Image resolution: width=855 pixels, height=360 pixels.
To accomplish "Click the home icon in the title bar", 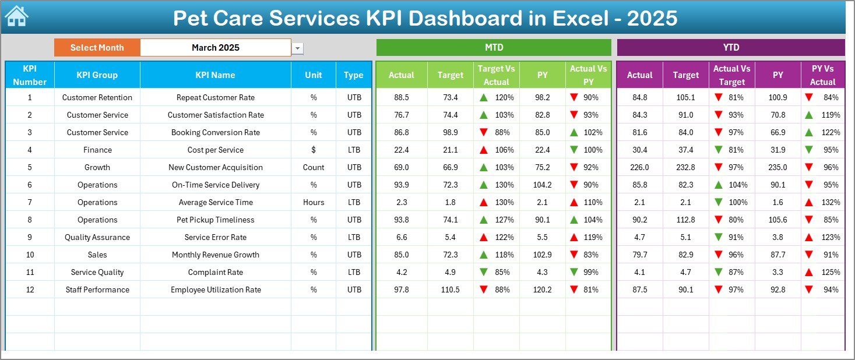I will pos(16,17).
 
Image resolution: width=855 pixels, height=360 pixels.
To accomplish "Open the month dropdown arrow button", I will pos(298,48).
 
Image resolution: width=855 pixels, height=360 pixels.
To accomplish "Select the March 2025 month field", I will pos(216,48).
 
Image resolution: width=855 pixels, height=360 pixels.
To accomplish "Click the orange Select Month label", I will pos(97,48).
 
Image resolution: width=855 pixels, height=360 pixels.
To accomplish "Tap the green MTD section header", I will pos(494,47).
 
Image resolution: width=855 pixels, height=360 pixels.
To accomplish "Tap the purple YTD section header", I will pos(731,47).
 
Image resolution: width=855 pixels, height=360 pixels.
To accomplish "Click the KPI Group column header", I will pos(97,75).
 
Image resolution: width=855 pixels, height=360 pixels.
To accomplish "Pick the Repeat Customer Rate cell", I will pos(216,97).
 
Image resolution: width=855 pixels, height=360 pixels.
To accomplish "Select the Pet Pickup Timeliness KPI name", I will pos(216,220).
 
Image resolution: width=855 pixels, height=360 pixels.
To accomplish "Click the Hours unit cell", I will pos(314,202).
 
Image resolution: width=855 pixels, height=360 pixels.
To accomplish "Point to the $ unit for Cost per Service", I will pos(314,150).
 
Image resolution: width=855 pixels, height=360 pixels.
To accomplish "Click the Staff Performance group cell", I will pos(97,290).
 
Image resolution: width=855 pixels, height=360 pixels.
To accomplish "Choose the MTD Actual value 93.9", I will pos(401,185).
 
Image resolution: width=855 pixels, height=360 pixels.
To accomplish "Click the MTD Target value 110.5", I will pos(450,290).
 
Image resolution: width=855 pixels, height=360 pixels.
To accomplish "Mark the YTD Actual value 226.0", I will pos(639,167).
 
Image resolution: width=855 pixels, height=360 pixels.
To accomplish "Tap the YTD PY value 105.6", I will pos(777,220).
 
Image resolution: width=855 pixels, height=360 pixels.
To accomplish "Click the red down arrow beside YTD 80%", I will pos(719,220).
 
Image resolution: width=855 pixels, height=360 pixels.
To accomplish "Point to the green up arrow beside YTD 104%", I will pos(719,185).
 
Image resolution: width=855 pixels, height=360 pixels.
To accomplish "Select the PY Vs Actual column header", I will pos(822,75).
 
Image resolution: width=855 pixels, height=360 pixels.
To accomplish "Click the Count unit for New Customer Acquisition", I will pos(314,167).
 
